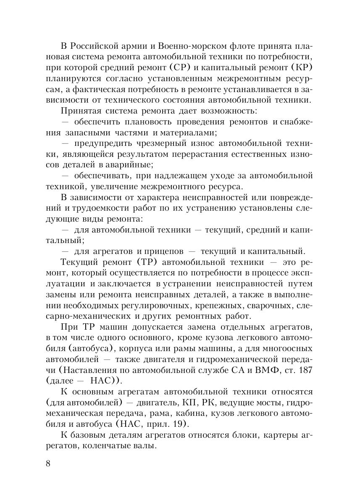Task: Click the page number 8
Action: [x=47, y=463]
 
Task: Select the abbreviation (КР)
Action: [x=299, y=67]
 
